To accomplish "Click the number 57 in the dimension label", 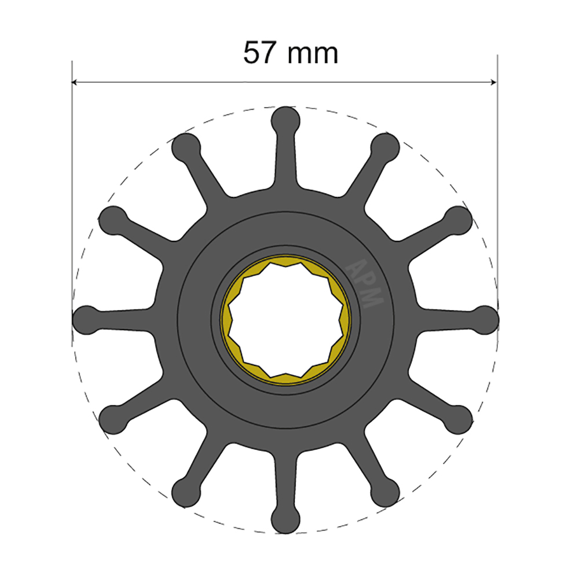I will (259, 53).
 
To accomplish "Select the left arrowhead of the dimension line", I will (76, 82).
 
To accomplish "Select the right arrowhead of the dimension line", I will (493, 82).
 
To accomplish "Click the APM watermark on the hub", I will (365, 283).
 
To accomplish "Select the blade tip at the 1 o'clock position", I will (386, 147).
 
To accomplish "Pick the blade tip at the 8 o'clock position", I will (113, 419).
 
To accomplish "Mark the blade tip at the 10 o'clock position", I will (113, 220).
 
